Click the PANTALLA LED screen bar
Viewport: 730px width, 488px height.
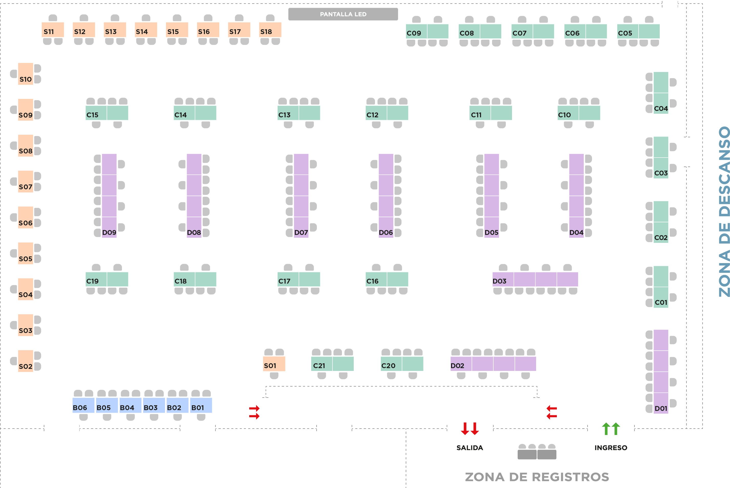tap(343, 14)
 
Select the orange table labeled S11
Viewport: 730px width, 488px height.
tap(53, 30)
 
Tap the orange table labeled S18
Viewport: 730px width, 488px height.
tap(270, 30)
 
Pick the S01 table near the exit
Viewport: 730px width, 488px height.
tap(274, 364)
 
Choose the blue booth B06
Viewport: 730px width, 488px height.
tap(84, 406)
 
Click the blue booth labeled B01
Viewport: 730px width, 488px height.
tap(201, 406)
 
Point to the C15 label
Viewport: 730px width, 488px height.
tap(92, 115)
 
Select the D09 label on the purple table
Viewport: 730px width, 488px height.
tap(109, 233)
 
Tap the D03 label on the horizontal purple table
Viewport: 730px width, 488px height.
tap(499, 281)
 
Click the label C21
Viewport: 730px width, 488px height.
tap(319, 366)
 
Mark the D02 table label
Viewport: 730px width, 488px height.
tap(457, 366)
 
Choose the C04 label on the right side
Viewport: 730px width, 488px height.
tap(661, 109)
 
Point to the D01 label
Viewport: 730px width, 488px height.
tap(661, 408)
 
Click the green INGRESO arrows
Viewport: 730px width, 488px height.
tap(611, 429)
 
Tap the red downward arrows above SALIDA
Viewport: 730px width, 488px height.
tap(470, 429)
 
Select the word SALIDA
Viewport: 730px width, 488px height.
tap(470, 448)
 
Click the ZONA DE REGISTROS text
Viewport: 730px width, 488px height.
tap(537, 477)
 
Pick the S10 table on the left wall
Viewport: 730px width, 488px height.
tap(26, 74)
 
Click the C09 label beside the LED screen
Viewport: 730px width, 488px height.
tap(414, 33)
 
